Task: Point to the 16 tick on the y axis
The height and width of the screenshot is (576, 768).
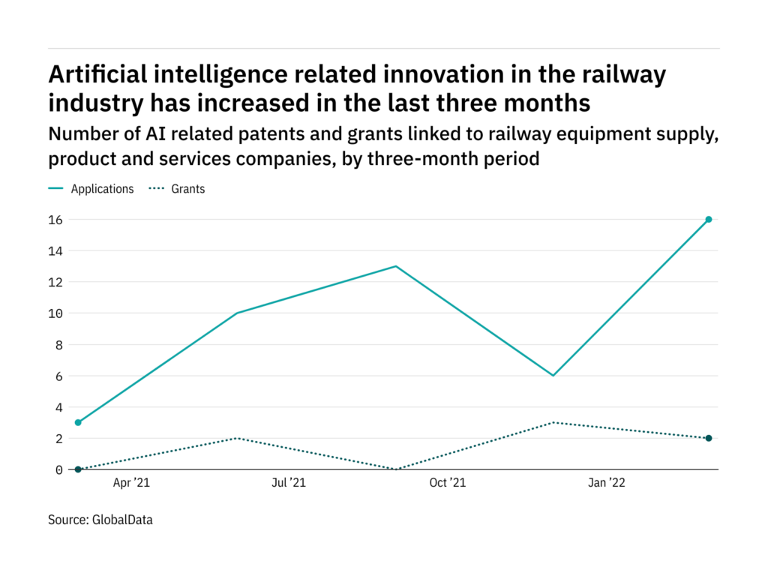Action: coord(55,220)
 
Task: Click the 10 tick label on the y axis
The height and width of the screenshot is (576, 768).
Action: coord(55,313)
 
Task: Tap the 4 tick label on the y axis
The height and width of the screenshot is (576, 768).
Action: coord(58,407)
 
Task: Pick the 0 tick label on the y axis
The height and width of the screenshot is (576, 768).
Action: coord(58,469)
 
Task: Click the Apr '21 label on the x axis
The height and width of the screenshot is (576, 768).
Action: coord(131,483)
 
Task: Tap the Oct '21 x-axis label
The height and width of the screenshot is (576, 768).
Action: coord(447,483)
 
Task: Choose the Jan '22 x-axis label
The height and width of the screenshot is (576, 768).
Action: coord(605,483)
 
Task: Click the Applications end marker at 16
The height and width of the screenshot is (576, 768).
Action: coord(708,220)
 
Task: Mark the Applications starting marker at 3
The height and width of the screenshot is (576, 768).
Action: coord(78,422)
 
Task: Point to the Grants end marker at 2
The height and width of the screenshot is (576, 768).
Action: coord(708,438)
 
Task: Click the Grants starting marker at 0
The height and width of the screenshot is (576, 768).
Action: coord(78,469)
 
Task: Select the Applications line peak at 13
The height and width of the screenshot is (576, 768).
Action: coord(395,266)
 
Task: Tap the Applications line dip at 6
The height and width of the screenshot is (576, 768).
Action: coord(553,375)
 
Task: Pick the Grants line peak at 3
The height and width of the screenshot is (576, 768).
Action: coord(553,422)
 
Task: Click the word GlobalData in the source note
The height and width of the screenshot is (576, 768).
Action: coord(123,519)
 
